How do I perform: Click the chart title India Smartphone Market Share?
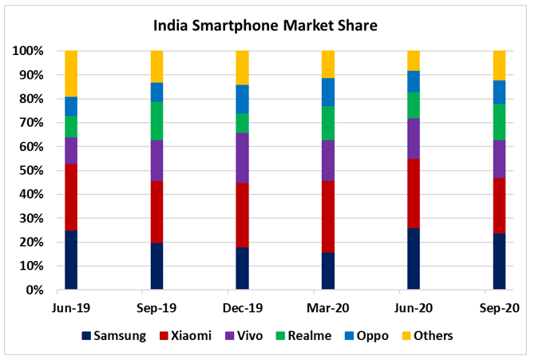tap(265, 26)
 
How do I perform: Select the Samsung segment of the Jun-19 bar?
tap(71, 260)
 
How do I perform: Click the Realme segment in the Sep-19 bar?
tap(157, 121)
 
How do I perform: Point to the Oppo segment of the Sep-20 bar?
tap(499, 92)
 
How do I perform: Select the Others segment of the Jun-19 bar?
tap(71, 73)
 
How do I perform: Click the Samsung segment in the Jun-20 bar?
tap(414, 259)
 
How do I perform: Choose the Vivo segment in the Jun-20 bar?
tap(414, 138)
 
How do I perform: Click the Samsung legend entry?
tap(113, 335)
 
